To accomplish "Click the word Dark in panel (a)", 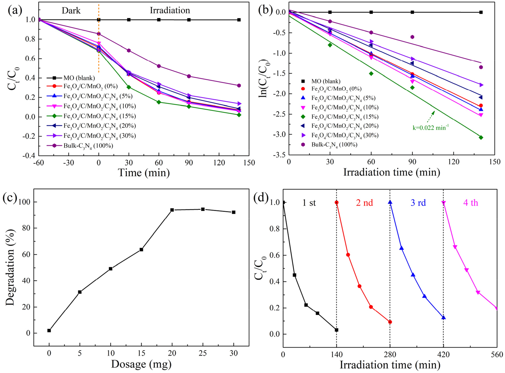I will [x=71, y=11].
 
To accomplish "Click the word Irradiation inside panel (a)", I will [x=170, y=11].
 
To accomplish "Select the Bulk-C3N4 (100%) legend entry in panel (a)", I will [x=88, y=146].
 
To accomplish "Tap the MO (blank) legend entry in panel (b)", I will [x=326, y=81].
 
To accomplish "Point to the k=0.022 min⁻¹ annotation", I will [x=430, y=128].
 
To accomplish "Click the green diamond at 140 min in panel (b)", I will [x=481, y=137].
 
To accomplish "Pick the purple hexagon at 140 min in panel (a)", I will [x=239, y=85].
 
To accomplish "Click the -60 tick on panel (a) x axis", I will [x=39, y=163].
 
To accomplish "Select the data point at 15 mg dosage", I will [x=141, y=250].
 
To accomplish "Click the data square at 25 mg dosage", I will [x=203, y=209].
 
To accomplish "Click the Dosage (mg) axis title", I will [x=141, y=364].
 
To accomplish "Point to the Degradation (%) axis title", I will [x=10, y=267].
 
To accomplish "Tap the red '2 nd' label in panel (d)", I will [x=364, y=203].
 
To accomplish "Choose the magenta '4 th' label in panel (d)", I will [x=470, y=203].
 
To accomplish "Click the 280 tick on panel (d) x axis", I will [x=390, y=354].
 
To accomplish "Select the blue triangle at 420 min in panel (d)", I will [x=443, y=318].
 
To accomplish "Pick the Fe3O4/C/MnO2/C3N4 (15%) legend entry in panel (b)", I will [x=345, y=117].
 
